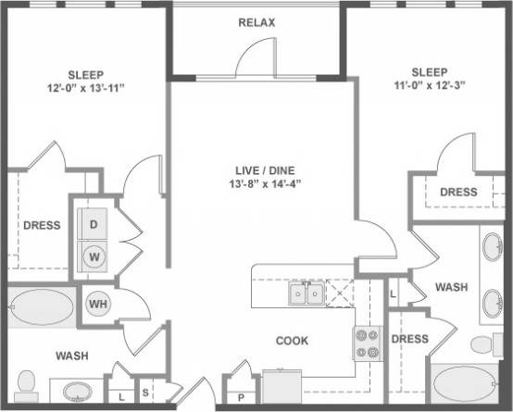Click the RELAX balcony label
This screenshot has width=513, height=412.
pos(256,22)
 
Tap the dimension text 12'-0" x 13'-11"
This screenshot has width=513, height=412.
pos(84,89)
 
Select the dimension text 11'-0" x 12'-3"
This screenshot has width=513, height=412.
pos(428,86)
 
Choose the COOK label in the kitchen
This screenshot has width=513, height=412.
pos(292,341)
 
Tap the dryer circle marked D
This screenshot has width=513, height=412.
pos(94,223)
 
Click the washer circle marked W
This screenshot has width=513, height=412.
pos(94,255)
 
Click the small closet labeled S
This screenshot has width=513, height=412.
pos(146,393)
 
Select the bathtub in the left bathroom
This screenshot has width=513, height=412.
pos(41,305)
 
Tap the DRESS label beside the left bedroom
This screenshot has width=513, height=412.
pos(41,225)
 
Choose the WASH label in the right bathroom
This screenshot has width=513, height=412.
pos(451,288)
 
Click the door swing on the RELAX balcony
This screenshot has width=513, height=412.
pos(256,60)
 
